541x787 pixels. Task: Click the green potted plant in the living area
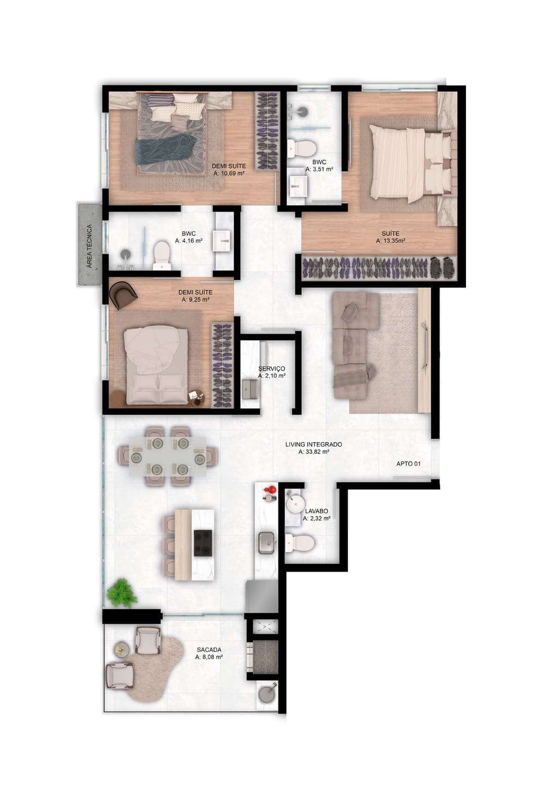(x=121, y=593)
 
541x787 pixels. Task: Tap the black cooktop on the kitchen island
(x=203, y=543)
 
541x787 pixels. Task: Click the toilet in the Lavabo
(x=300, y=543)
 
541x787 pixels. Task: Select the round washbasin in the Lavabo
(x=295, y=504)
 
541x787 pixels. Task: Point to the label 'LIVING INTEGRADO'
(x=313, y=444)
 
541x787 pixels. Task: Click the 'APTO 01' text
(x=409, y=464)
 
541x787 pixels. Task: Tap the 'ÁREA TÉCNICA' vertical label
(x=89, y=246)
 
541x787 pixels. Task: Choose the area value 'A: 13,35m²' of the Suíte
(x=391, y=241)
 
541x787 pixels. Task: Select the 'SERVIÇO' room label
(x=271, y=368)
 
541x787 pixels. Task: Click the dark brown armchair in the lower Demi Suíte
(x=123, y=296)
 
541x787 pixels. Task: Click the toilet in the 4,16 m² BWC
(x=162, y=255)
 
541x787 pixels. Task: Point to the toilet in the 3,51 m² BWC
(x=302, y=149)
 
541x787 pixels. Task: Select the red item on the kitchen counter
(x=270, y=490)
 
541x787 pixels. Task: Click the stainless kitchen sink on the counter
(x=266, y=543)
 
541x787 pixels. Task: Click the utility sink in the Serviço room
(x=251, y=389)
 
